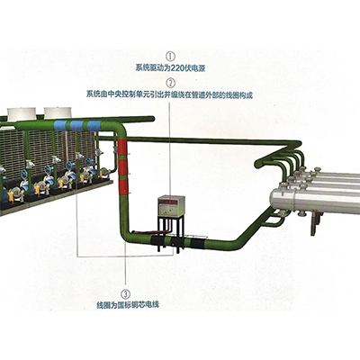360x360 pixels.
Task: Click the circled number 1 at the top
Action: [170, 56]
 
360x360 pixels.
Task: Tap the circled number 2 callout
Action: [170, 83]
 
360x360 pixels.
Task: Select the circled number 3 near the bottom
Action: [126, 292]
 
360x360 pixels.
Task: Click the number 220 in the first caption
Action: [176, 68]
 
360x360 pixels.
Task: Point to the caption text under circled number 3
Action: [128, 305]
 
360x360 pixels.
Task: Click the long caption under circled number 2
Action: [169, 94]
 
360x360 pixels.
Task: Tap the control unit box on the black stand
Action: [171, 206]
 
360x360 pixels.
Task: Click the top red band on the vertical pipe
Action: [122, 147]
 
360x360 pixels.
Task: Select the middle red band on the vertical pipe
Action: [122, 167]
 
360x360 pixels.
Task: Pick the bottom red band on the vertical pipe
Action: [122, 187]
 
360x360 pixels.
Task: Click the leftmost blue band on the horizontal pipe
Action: [61, 125]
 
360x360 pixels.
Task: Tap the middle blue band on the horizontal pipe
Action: [77, 125]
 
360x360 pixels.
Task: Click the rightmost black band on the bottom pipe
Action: [199, 243]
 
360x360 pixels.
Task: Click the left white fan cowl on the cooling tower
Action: [22, 114]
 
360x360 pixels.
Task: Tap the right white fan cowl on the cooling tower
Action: [58, 112]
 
